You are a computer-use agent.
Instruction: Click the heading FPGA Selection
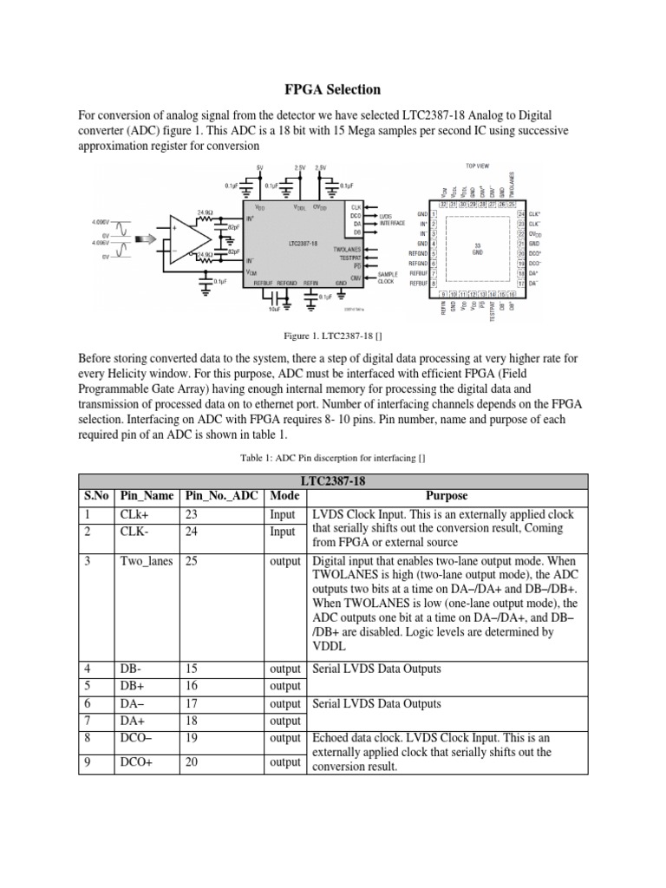click(x=333, y=89)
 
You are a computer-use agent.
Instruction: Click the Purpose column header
click(x=447, y=496)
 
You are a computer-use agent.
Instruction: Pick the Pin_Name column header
click(x=147, y=496)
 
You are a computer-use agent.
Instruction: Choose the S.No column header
click(x=95, y=496)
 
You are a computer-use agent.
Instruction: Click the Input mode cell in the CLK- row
click(x=284, y=531)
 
